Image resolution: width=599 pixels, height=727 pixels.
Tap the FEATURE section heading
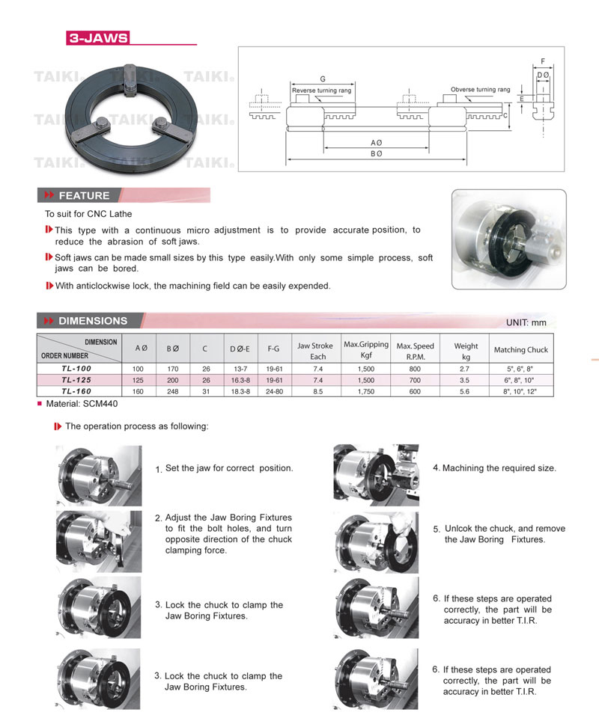[83, 196]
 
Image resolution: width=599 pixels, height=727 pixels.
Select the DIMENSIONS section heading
[92, 321]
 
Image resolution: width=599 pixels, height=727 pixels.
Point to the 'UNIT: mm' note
[526, 322]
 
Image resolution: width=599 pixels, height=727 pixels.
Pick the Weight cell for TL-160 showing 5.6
[465, 391]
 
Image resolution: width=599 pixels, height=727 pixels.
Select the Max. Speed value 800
[414, 369]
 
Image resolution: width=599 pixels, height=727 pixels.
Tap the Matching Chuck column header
[520, 349]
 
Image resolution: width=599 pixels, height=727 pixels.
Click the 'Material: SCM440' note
[81, 404]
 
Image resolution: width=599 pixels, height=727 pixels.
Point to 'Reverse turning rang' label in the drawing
[320, 91]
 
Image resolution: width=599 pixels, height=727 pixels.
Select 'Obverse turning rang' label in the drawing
[480, 90]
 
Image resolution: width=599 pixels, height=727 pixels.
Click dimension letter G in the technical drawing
[322, 79]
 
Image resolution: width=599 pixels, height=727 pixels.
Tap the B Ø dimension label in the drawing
[376, 153]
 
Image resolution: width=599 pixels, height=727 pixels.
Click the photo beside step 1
[98, 476]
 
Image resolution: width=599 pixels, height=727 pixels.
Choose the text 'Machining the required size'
[499, 468]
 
